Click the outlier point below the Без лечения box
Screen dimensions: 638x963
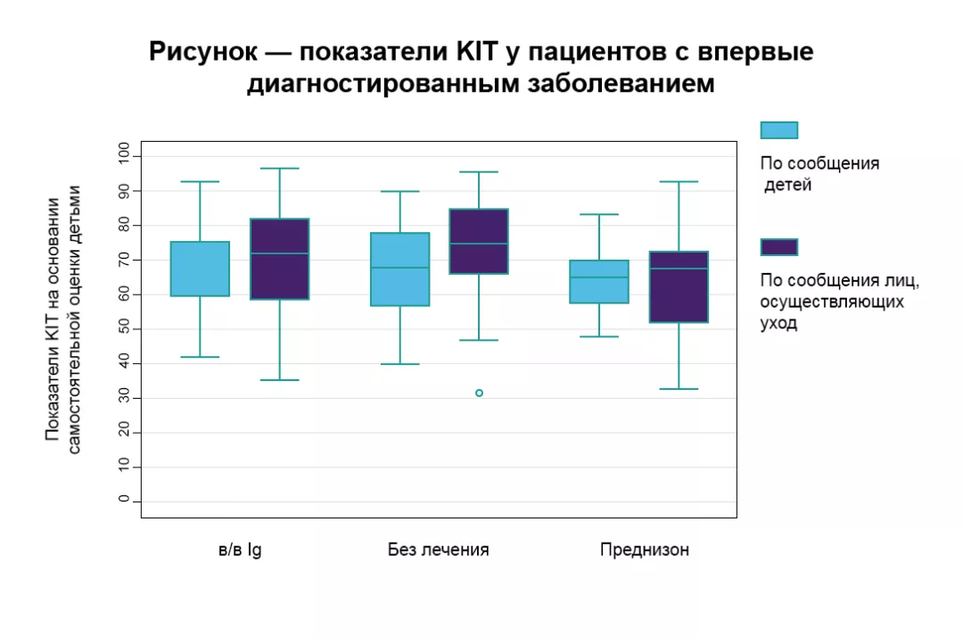tap(479, 393)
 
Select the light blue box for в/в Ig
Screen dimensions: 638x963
tap(200, 269)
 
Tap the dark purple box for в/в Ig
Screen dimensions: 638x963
tap(280, 259)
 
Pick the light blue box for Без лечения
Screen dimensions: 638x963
tap(399, 269)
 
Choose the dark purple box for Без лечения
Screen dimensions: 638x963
tap(479, 241)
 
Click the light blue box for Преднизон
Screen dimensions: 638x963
tap(599, 282)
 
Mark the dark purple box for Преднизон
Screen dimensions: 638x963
tap(679, 286)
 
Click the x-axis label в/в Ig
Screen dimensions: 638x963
tap(240, 550)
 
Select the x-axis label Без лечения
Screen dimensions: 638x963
tap(438, 550)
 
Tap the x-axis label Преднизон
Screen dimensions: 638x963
tap(644, 550)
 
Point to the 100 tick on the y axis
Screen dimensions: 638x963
tap(123, 156)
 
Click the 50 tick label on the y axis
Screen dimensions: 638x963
tap(123, 328)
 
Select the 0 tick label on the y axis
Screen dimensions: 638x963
tap(123, 501)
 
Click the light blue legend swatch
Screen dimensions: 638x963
tap(778, 130)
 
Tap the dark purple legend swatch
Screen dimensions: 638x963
tap(778, 247)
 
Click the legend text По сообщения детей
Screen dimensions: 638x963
tap(819, 175)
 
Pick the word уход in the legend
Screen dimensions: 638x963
tap(778, 324)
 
